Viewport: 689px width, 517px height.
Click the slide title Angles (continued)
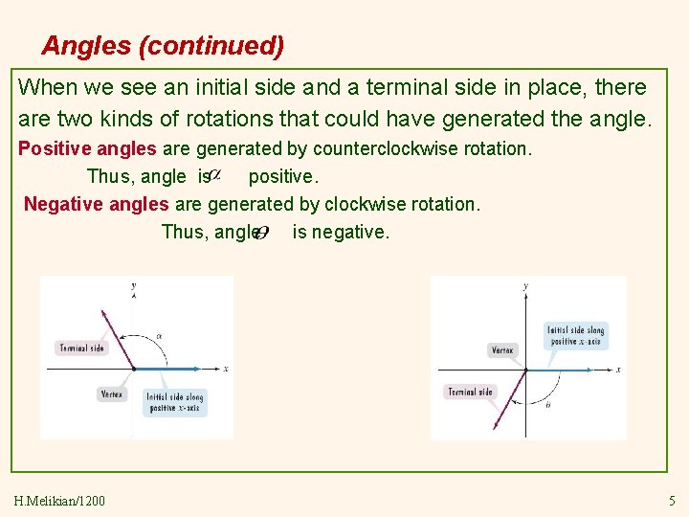pos(163,45)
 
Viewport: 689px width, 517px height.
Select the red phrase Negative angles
pos(97,204)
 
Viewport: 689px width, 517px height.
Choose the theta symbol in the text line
pos(260,232)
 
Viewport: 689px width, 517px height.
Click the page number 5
pos(671,501)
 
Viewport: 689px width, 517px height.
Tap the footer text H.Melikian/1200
pos(61,501)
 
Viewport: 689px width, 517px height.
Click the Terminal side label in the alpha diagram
pos(81,348)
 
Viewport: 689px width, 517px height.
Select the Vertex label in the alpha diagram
pos(112,394)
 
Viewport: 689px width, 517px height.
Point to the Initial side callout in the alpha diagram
pos(174,403)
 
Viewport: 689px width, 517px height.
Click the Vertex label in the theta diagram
pos(501,350)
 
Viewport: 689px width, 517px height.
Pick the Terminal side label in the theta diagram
pos(470,392)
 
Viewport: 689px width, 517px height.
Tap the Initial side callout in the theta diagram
pos(575,336)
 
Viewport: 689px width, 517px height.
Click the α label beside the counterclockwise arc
pos(160,335)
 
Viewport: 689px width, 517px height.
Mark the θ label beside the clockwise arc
pos(547,406)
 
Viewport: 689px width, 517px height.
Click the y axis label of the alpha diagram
pos(133,284)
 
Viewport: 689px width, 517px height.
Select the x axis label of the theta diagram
pos(618,370)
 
